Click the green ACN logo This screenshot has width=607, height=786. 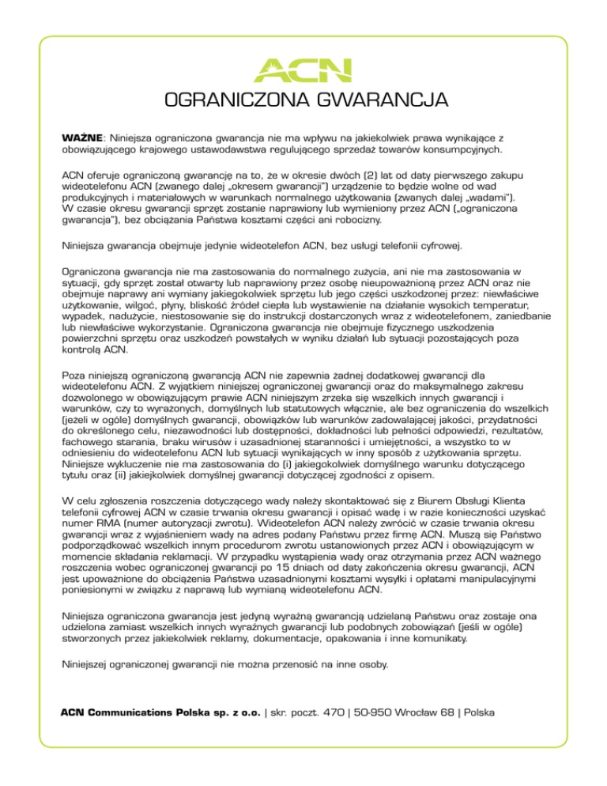point(302,70)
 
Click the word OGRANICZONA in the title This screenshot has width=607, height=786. point(225,101)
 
